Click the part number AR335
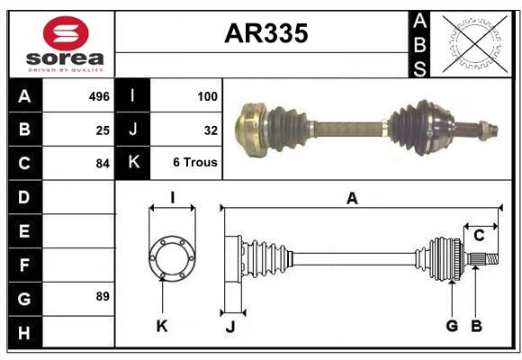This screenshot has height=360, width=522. click(x=266, y=33)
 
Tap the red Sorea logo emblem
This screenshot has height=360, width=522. click(x=66, y=33)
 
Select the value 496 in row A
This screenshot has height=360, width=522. click(x=99, y=96)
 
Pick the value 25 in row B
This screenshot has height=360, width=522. click(x=103, y=130)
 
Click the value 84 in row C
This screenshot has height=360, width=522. click(x=103, y=164)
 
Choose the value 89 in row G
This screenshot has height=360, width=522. click(x=103, y=296)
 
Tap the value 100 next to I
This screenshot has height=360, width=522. click(x=207, y=96)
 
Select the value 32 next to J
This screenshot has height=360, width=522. click(x=211, y=130)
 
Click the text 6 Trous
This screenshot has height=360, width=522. click(x=195, y=162)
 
